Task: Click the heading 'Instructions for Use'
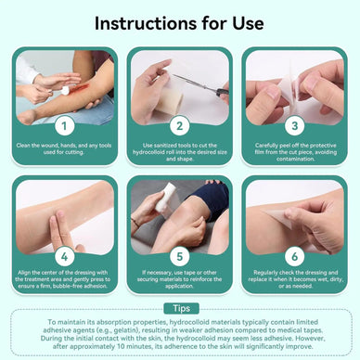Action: [179, 21]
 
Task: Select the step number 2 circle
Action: [180, 123]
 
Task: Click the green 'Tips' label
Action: [180, 308]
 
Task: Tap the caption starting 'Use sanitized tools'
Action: [180, 148]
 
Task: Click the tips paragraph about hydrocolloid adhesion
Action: [180, 336]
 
